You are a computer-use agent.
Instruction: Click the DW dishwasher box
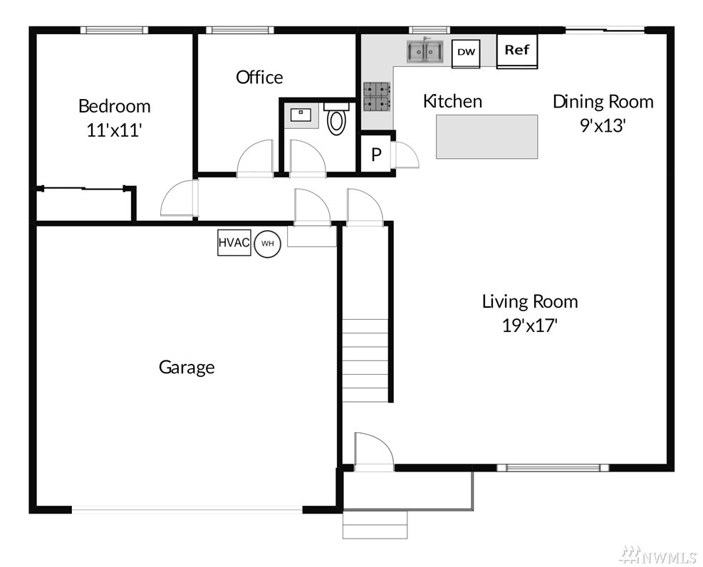466,53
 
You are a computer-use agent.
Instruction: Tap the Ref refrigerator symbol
516,51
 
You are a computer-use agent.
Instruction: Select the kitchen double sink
425,51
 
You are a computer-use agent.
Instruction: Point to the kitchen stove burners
376,97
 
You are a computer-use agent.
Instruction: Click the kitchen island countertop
487,137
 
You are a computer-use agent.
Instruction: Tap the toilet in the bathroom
336,118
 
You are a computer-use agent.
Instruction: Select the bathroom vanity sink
301,115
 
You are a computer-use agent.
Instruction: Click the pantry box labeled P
376,154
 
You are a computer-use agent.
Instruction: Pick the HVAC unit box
234,242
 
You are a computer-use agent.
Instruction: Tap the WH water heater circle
268,244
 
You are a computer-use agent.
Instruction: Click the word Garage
187,368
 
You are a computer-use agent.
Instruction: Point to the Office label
259,77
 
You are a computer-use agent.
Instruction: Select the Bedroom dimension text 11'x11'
115,130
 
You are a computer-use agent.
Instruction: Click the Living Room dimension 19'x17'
529,325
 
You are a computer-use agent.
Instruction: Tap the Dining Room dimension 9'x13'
603,125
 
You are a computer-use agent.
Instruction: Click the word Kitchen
452,101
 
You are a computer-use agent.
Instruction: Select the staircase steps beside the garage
365,360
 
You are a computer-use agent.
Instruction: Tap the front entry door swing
373,452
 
